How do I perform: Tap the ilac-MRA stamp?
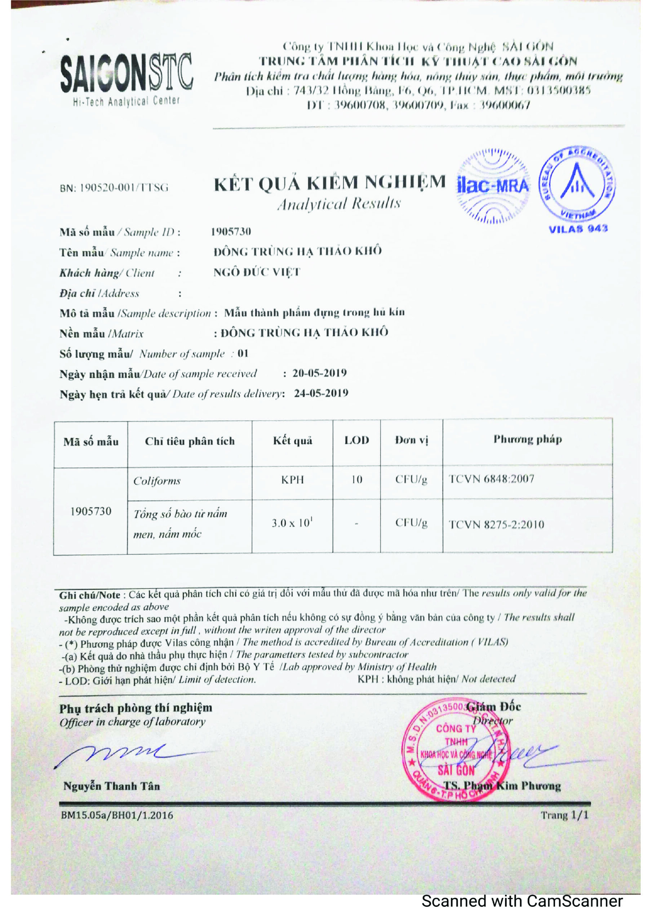[493, 186]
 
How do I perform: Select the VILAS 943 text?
[578, 229]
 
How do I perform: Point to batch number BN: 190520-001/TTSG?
[114, 188]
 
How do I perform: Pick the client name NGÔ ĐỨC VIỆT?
[257, 272]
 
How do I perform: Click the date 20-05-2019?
[320, 373]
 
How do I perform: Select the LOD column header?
[356, 440]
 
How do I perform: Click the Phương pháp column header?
[527, 439]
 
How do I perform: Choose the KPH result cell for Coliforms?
[292, 480]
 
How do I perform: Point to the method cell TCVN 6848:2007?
[491, 479]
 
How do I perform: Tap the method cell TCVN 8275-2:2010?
[496, 524]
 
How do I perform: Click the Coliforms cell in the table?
[157, 481]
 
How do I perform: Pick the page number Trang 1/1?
[564, 815]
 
